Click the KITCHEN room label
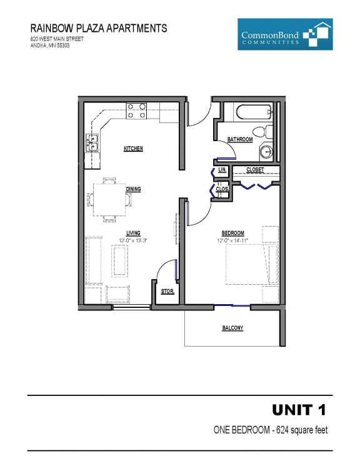(x=133, y=149)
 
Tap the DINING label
(x=133, y=189)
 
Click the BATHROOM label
(x=240, y=139)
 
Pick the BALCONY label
(x=232, y=328)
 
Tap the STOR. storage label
(x=167, y=292)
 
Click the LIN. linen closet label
(x=221, y=170)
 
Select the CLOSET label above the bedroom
(x=255, y=170)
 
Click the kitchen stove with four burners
(x=137, y=111)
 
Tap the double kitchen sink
(x=92, y=143)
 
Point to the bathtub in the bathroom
(x=253, y=112)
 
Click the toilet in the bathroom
(x=268, y=132)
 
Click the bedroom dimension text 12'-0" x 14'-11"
(x=232, y=240)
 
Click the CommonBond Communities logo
(x=284, y=35)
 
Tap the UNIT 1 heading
(x=299, y=410)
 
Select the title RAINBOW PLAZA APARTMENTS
(x=99, y=28)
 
